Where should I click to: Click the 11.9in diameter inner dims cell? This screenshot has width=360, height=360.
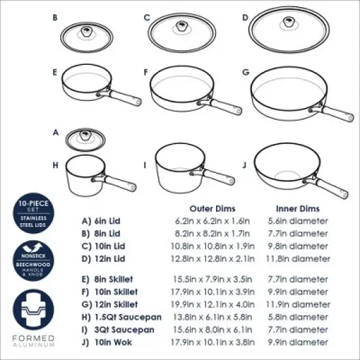click(x=298, y=304)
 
